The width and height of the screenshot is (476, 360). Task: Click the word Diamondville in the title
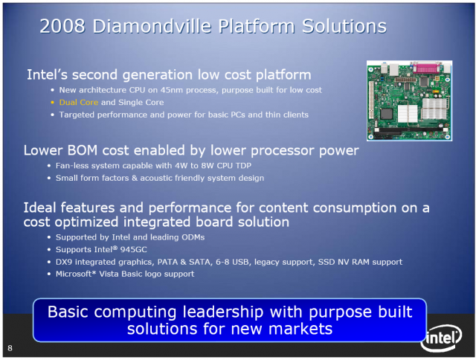click(152, 26)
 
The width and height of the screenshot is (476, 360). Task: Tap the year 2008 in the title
click(62, 26)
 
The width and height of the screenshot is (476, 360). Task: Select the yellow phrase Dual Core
click(79, 103)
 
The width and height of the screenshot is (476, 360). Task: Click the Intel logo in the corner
click(442, 338)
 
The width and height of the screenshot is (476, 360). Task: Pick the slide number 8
click(10, 348)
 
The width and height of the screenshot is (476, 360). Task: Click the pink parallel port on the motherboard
click(427, 68)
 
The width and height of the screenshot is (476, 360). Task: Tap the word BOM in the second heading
click(83, 150)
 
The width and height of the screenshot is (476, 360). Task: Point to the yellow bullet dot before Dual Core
click(53, 103)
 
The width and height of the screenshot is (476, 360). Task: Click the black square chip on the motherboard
click(387, 114)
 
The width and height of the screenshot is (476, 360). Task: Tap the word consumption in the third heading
click(355, 208)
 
